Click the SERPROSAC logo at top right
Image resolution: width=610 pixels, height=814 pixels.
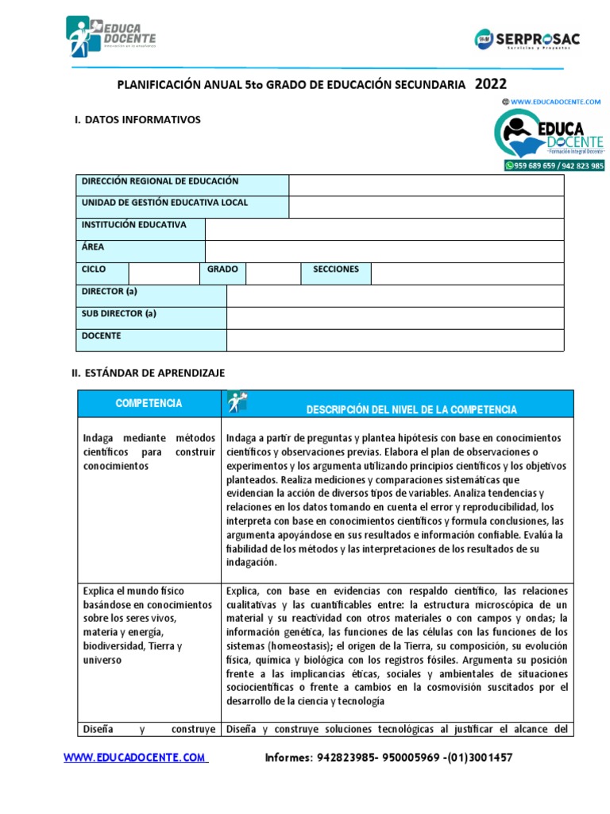[x=527, y=38]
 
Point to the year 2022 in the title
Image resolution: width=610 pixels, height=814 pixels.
[x=490, y=84]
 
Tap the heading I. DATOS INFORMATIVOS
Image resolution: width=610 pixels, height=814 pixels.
[x=137, y=120]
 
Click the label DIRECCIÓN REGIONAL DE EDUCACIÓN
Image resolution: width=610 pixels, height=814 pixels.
[x=160, y=181]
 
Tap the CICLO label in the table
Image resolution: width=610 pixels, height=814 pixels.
[x=94, y=269]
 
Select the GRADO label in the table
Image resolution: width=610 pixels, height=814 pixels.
[x=222, y=269]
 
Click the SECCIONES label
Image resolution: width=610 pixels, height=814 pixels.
[x=335, y=269]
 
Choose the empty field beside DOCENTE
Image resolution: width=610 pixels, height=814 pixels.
[x=395, y=339]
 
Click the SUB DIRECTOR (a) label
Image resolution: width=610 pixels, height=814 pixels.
[x=119, y=313]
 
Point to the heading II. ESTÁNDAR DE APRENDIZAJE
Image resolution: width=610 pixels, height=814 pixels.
[x=149, y=372]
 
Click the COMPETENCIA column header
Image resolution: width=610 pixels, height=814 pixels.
[x=149, y=404]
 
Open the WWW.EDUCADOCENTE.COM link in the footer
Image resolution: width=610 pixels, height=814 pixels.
[x=136, y=758]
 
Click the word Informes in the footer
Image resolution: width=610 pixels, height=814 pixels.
[x=288, y=758]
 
